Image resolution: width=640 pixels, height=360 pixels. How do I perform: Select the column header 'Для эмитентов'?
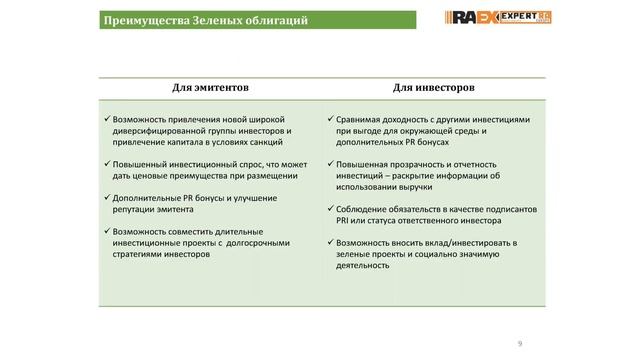pos(210,87)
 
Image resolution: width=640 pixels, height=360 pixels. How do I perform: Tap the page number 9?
pos(519,344)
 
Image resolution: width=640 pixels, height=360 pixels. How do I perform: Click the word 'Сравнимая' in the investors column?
pos(360,119)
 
